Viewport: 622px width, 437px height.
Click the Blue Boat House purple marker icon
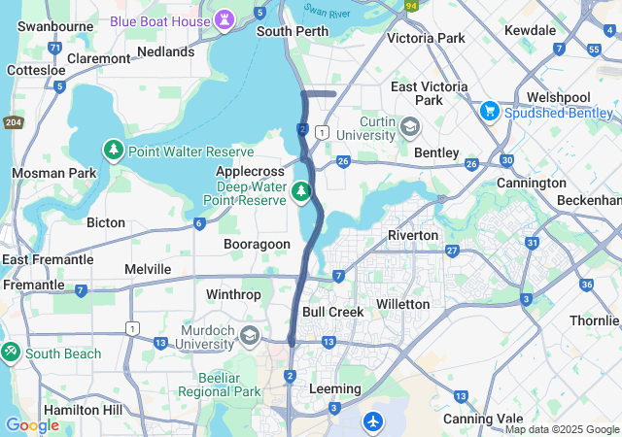coord(225,20)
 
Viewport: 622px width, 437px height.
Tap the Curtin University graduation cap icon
coord(411,127)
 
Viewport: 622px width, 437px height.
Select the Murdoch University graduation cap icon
coord(250,336)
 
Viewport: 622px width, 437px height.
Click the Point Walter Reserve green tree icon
coord(114,151)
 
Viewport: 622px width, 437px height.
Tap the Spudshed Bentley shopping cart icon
coord(489,112)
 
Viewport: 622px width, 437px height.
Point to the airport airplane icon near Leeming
coord(374,421)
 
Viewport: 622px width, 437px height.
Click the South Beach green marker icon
coord(11,353)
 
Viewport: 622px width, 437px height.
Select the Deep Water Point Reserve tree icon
coord(302,190)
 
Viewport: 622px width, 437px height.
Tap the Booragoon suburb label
coord(257,244)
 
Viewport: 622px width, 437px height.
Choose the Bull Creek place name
coord(332,312)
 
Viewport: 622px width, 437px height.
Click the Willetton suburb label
coord(402,304)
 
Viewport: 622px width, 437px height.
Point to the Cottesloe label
coord(36,70)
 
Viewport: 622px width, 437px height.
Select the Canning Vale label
coord(475,418)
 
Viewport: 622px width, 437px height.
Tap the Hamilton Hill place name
coord(84,410)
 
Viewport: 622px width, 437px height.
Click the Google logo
coord(31,424)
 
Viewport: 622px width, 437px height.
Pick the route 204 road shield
coord(13,121)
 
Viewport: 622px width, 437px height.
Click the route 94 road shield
coord(410,5)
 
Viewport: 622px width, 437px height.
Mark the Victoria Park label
coord(426,38)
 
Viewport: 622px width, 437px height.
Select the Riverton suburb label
coord(413,235)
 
